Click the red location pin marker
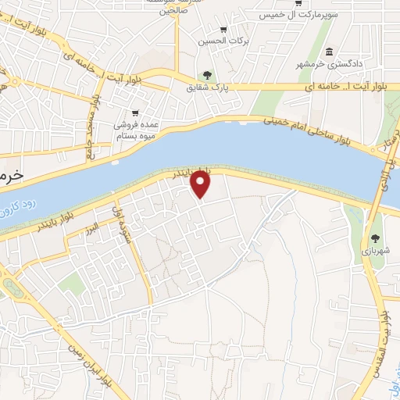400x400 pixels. click(x=202, y=184)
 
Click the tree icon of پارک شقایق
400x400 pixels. click(x=207, y=76)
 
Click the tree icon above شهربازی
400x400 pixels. click(x=377, y=238)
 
